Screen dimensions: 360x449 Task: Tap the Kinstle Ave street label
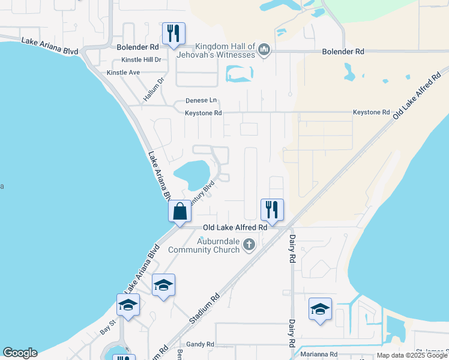123,73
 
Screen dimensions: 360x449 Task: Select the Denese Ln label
200,101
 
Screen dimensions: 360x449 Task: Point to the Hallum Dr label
154,89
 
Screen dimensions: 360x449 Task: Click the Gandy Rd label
200,344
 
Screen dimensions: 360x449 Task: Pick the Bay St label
107,329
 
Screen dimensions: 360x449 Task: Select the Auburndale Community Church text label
203,245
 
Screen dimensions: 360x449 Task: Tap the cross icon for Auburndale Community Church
249,245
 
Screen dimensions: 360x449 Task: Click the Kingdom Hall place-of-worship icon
264,50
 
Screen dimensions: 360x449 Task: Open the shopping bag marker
179,211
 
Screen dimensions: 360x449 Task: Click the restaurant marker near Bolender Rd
173,34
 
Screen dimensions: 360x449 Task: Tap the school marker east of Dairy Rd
320,309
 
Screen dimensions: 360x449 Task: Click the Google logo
20,353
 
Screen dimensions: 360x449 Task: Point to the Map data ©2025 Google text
412,355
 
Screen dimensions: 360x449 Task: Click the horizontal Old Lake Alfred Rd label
235,227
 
